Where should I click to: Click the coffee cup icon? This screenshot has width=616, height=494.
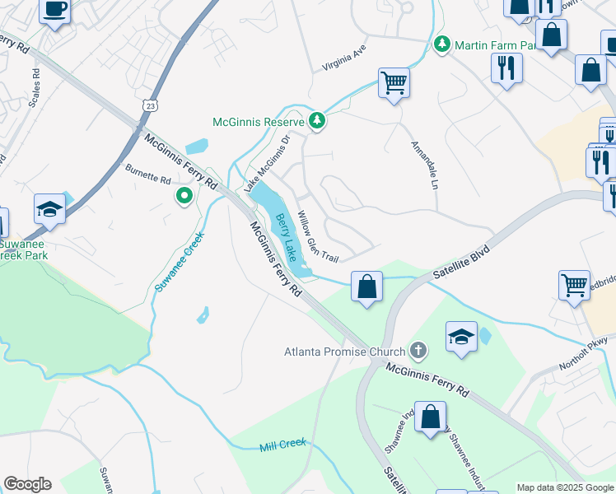(54, 11)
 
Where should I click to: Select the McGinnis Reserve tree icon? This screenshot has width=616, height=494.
(317, 122)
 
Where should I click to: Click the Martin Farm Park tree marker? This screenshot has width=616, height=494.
(443, 43)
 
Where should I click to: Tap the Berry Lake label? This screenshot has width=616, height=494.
(285, 238)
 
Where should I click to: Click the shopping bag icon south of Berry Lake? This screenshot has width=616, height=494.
(366, 287)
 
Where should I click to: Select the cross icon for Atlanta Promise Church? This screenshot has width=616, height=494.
(418, 352)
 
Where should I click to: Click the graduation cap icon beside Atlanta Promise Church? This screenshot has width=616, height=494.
(461, 336)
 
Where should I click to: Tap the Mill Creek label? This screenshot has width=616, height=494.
(282, 445)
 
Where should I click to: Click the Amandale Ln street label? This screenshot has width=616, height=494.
(423, 165)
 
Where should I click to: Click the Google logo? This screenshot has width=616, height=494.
(27, 484)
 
